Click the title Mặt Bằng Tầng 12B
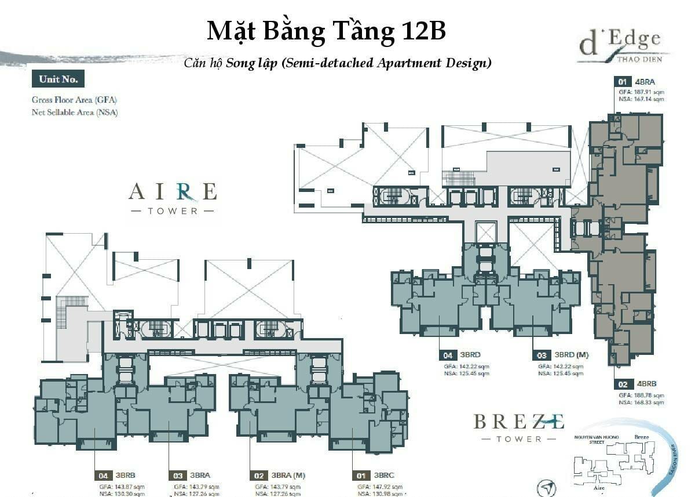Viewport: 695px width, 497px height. tap(326, 31)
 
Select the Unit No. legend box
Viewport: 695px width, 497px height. tap(58, 79)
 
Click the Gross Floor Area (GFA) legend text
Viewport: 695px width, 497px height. tap(74, 100)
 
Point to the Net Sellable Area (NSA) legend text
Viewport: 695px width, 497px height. tap(75, 112)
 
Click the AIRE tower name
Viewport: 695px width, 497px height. tap(173, 191)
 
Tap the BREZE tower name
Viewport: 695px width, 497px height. tap(518, 422)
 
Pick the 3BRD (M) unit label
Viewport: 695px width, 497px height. tap(572, 354)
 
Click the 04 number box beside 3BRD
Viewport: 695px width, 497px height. tap(448, 354)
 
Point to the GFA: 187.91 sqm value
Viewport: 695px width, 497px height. tap(641, 91)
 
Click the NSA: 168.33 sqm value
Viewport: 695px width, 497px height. tap(641, 402)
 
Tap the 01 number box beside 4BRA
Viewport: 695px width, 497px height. tap(623, 82)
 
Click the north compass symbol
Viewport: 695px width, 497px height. tap(547, 487)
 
